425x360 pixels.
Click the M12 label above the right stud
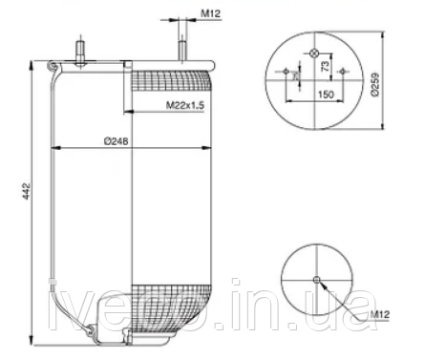point(211,14)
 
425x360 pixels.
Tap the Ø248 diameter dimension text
point(117,139)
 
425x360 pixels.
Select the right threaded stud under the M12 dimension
point(181,50)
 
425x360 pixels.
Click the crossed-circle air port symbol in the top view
point(316,52)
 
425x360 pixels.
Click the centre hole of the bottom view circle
point(316,280)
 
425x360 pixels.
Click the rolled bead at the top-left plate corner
point(51,66)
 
